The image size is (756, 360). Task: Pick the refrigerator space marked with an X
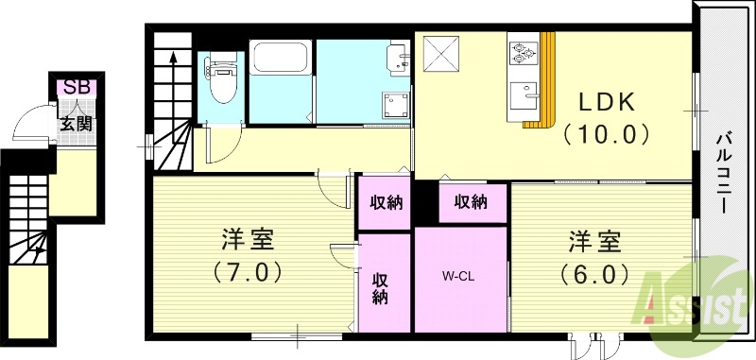[x=440, y=53]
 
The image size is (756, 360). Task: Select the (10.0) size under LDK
[x=606, y=133]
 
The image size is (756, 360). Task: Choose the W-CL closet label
[x=459, y=277]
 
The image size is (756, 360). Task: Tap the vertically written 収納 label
[x=381, y=288]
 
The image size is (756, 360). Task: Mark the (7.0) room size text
[x=249, y=272]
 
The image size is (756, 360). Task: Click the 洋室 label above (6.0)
[x=594, y=240]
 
